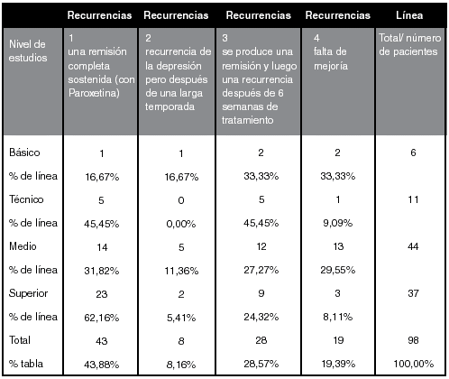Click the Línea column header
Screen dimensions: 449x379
click(409, 15)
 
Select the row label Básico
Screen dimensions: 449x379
click(24, 153)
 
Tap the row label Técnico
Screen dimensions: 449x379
click(26, 199)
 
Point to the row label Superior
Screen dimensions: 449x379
click(28, 293)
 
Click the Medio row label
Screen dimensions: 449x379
click(23, 246)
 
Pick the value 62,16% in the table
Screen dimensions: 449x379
click(102, 318)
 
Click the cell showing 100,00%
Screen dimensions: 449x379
click(414, 364)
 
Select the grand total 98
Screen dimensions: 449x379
click(413, 340)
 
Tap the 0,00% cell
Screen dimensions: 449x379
click(181, 224)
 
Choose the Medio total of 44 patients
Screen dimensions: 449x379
click(413, 246)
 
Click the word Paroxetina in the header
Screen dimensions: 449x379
click(94, 93)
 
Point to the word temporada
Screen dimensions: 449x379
click(170, 106)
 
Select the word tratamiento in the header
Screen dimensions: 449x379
click(247, 120)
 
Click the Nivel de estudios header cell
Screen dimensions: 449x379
click(27, 51)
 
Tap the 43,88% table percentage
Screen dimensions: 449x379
click(102, 365)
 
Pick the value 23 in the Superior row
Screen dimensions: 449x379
click(102, 294)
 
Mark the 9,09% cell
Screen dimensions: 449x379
click(337, 223)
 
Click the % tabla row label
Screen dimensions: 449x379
click(26, 364)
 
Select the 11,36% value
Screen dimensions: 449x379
click(181, 271)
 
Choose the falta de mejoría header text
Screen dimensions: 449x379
click(331, 59)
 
